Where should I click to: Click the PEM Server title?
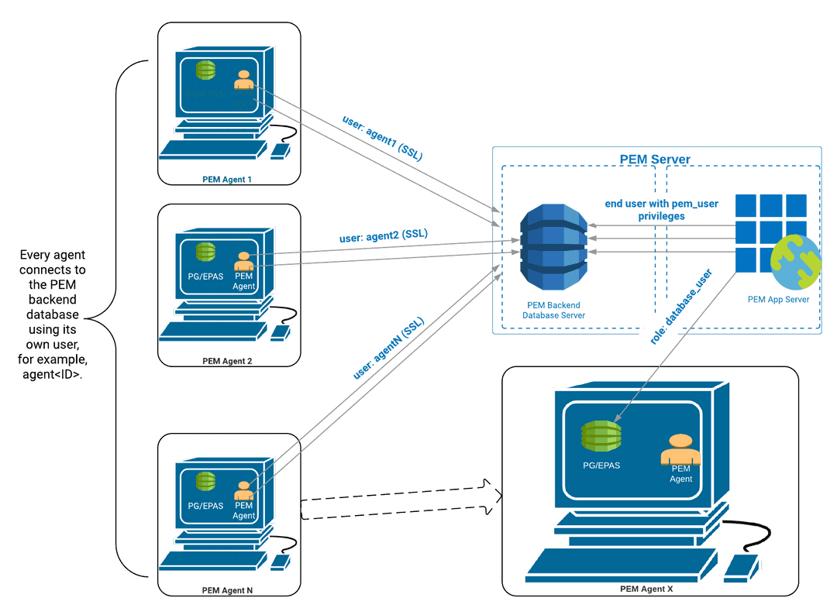click(655, 160)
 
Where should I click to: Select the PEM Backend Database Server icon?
click(553, 246)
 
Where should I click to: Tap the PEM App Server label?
click(777, 299)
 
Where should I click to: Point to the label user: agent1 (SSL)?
click(382, 138)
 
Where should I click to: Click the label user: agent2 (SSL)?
click(384, 235)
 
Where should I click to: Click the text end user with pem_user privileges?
click(661, 210)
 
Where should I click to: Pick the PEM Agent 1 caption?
click(228, 180)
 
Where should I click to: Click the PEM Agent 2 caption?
click(228, 361)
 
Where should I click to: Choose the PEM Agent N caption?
click(228, 589)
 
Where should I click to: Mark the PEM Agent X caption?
click(646, 589)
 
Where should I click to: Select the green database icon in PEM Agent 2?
click(205, 252)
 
